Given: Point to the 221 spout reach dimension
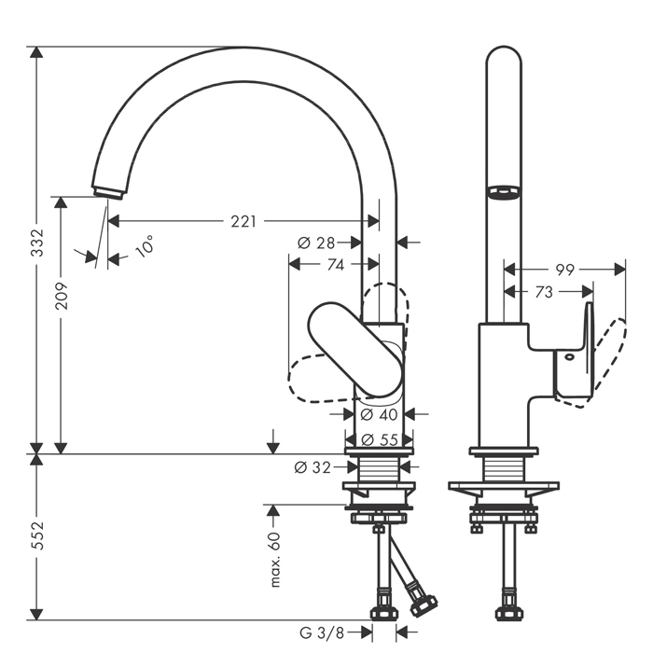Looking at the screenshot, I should coord(243,221).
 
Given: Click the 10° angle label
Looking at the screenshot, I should coord(145,247).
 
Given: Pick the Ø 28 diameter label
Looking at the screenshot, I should coord(316,243).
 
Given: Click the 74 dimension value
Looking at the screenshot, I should coord(334,265).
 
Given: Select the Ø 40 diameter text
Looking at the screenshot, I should coord(379,413).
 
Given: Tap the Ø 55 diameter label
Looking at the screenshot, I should coord(379,438).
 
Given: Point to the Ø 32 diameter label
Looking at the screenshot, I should coord(313,467).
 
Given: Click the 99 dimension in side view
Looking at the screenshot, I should coord(563,270).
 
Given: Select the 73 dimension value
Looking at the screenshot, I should coord(544,292).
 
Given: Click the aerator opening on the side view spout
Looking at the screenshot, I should coord(504,192).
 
